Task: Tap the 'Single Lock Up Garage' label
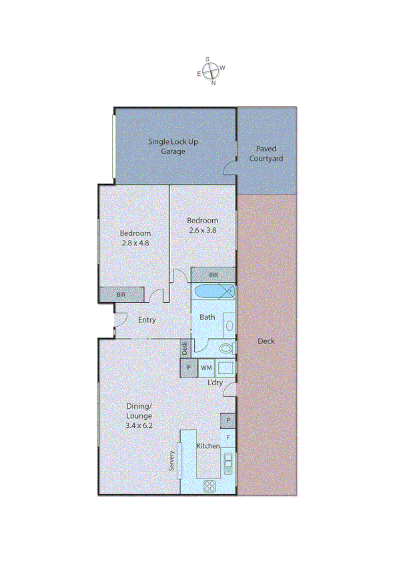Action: [x=173, y=147]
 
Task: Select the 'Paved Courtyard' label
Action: [x=266, y=154]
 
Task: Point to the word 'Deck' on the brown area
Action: [x=266, y=341]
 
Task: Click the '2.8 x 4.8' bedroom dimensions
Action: [x=135, y=243]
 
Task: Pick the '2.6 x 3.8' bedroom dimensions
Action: [x=202, y=230]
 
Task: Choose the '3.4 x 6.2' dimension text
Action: [x=140, y=425]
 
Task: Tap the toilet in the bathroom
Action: [x=226, y=348]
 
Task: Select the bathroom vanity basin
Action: [x=229, y=326]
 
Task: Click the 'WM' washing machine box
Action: [x=206, y=368]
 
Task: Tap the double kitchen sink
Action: [x=228, y=461]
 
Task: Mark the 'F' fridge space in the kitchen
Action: [x=228, y=437]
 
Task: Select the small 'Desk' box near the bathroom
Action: [x=185, y=347]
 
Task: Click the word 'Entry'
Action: [x=147, y=320]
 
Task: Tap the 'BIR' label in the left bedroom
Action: [x=121, y=294]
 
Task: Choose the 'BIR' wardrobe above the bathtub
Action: [x=213, y=275]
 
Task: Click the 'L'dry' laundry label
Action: [x=215, y=382]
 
